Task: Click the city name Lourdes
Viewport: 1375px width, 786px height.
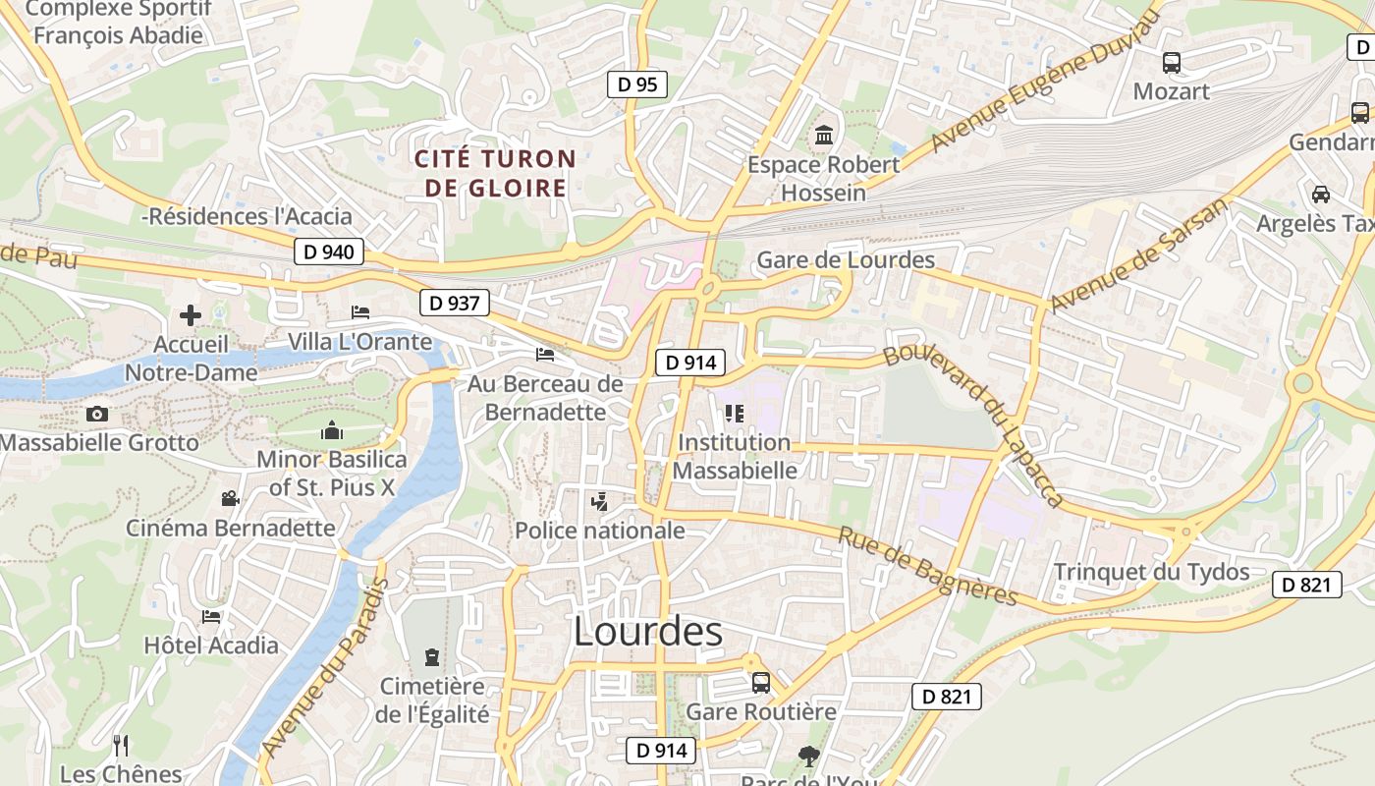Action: (x=648, y=631)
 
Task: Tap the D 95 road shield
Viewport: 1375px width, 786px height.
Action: (x=636, y=84)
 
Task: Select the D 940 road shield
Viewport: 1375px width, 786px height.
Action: (x=329, y=252)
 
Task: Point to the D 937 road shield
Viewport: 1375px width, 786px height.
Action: (x=455, y=303)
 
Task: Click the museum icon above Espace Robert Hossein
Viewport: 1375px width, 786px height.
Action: (x=824, y=134)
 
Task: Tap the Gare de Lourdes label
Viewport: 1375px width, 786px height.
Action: (x=846, y=260)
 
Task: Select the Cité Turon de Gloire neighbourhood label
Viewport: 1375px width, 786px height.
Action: (x=495, y=173)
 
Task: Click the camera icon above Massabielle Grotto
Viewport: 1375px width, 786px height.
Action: (x=97, y=414)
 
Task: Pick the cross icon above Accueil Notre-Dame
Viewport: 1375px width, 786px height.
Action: (x=191, y=315)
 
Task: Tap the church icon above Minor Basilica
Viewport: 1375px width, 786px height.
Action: (x=332, y=430)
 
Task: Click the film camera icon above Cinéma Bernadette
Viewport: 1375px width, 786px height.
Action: (x=230, y=499)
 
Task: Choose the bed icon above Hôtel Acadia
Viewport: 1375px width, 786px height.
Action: (x=211, y=617)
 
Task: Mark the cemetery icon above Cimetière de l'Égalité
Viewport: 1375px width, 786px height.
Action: (x=431, y=656)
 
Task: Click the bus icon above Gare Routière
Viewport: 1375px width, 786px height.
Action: (x=761, y=682)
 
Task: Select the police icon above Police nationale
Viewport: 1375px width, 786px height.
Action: (x=599, y=502)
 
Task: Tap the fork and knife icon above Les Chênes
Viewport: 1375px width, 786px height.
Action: (x=121, y=745)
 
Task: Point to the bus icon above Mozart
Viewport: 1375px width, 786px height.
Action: (x=1172, y=63)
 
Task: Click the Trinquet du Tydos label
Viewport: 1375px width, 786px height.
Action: (x=1151, y=572)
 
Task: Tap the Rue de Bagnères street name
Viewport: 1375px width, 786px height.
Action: (x=926, y=566)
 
